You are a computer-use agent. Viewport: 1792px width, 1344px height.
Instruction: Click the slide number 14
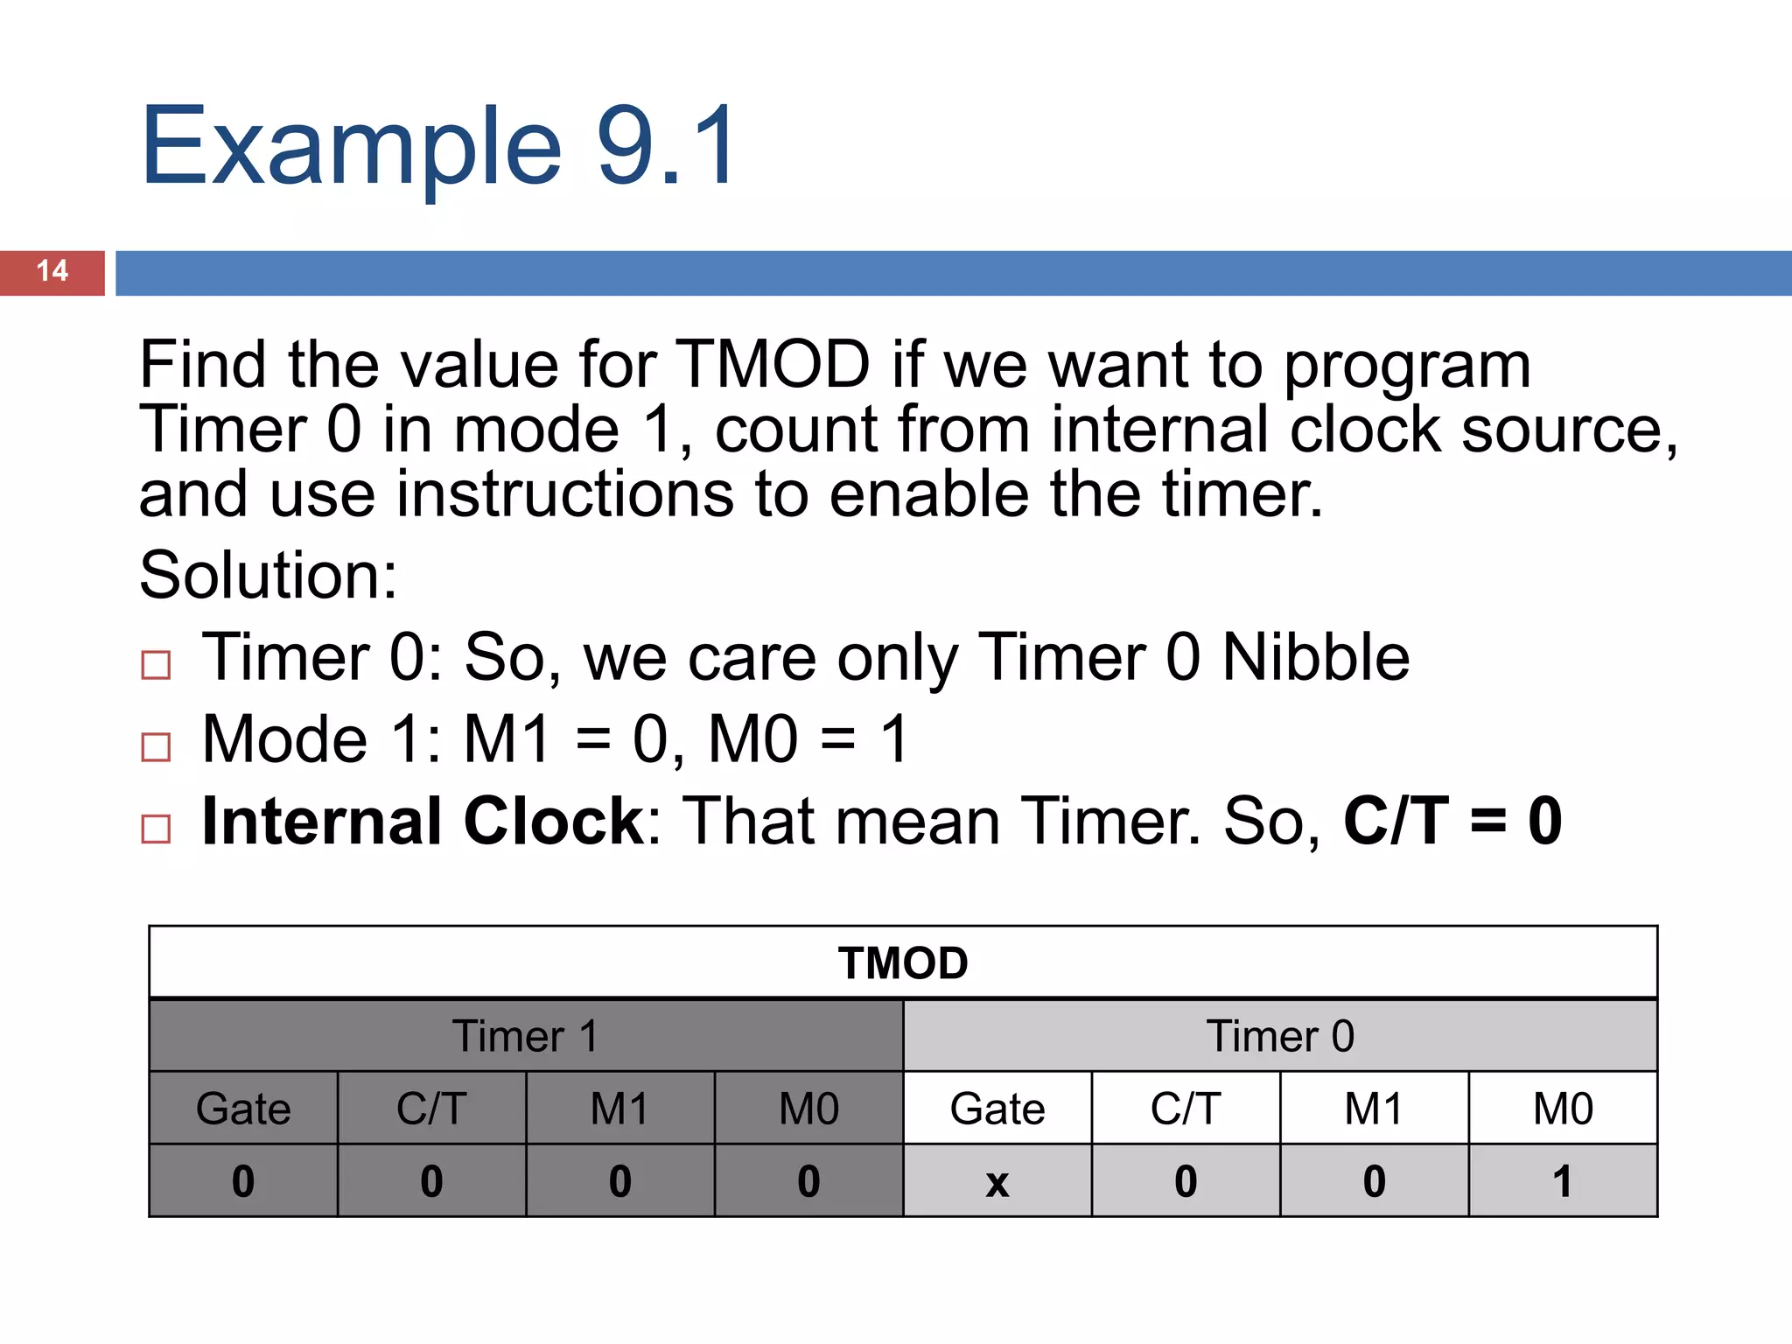(x=52, y=271)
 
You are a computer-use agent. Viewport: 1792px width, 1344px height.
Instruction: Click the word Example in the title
(x=350, y=147)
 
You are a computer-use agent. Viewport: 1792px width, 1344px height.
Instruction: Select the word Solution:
(x=268, y=576)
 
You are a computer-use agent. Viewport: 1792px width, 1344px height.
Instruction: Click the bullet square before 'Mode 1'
(x=156, y=747)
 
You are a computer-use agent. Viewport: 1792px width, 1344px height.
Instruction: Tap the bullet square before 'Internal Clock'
(x=156, y=829)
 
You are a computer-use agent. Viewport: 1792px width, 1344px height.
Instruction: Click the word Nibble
(x=1315, y=657)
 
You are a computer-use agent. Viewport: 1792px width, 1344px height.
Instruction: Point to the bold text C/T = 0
(x=1452, y=821)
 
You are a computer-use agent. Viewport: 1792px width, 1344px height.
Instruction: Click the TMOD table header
(x=903, y=963)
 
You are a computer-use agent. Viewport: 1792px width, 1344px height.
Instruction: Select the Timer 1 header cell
(x=526, y=1036)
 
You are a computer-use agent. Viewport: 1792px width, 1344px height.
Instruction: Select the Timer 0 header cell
(x=1280, y=1036)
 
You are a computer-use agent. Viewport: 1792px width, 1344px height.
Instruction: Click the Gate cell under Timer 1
(x=243, y=1109)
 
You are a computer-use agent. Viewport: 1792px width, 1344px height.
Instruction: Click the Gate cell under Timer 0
(x=997, y=1109)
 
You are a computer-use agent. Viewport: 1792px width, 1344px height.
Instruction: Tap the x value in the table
(x=997, y=1182)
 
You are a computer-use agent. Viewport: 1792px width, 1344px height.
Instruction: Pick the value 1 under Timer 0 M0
(x=1563, y=1182)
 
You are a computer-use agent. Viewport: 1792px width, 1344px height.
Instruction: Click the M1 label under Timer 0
(x=1374, y=1109)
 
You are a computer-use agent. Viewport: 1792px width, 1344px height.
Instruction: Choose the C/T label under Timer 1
(x=431, y=1109)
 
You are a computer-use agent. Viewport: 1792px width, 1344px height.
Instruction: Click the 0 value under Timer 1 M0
(x=808, y=1182)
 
